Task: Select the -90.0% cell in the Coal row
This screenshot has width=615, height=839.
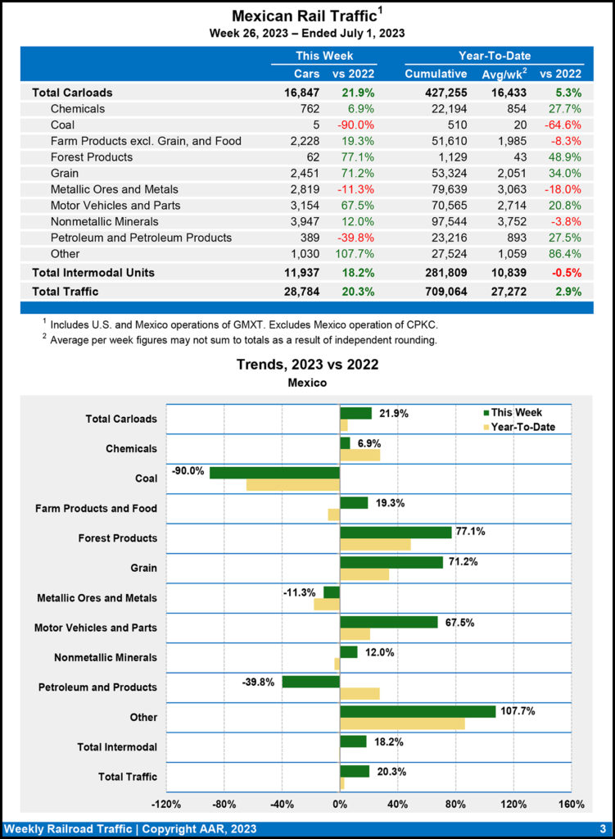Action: tap(357, 125)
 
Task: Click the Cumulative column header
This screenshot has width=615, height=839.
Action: tap(436, 75)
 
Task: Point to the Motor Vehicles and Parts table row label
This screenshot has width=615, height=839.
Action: tap(115, 205)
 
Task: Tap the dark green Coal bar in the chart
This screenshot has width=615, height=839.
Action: tap(274, 473)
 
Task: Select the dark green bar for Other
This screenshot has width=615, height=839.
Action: tap(418, 711)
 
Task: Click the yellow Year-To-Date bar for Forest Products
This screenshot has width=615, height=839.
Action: tap(375, 544)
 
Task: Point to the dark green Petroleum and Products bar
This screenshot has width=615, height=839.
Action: tap(310, 682)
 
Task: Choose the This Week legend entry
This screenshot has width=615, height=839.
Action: tap(512, 413)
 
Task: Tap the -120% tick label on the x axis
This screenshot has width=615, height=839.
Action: tap(166, 804)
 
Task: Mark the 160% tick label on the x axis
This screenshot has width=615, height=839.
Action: tap(571, 804)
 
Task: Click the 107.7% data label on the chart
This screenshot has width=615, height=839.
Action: tap(518, 711)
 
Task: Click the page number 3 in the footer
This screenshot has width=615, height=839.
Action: tap(602, 828)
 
